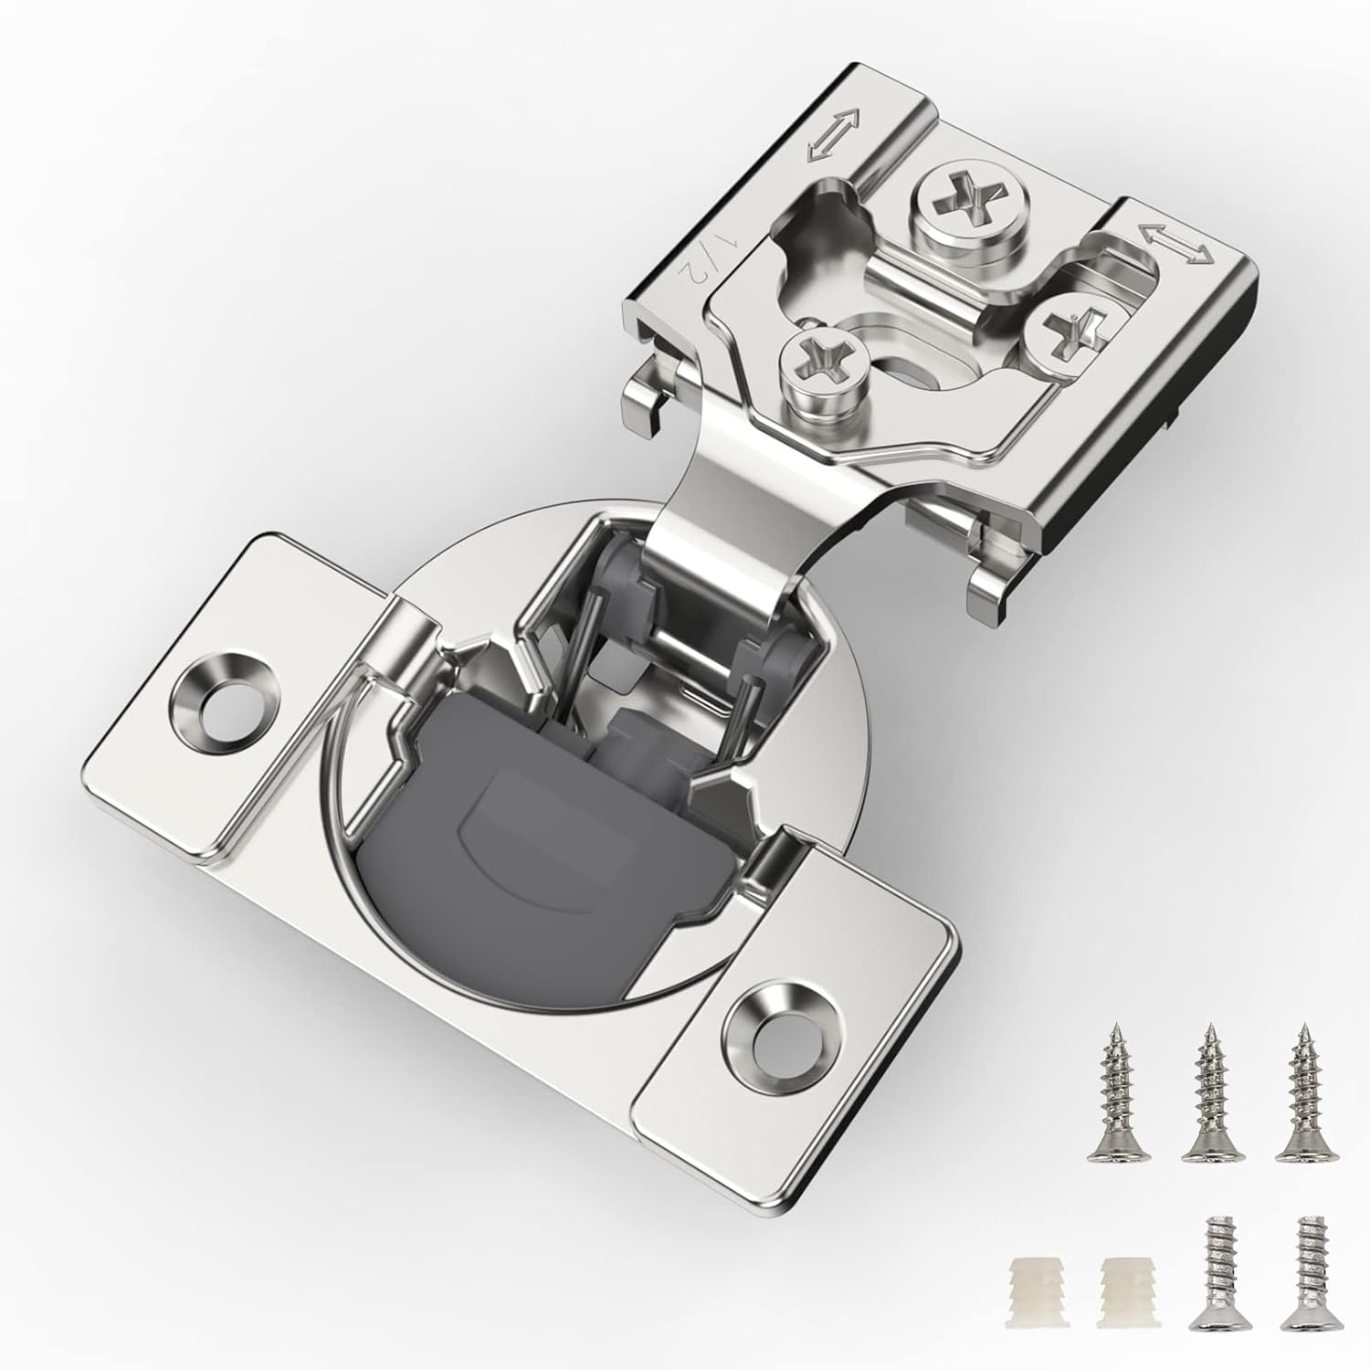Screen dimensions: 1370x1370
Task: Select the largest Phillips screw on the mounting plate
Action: pos(971,195)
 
